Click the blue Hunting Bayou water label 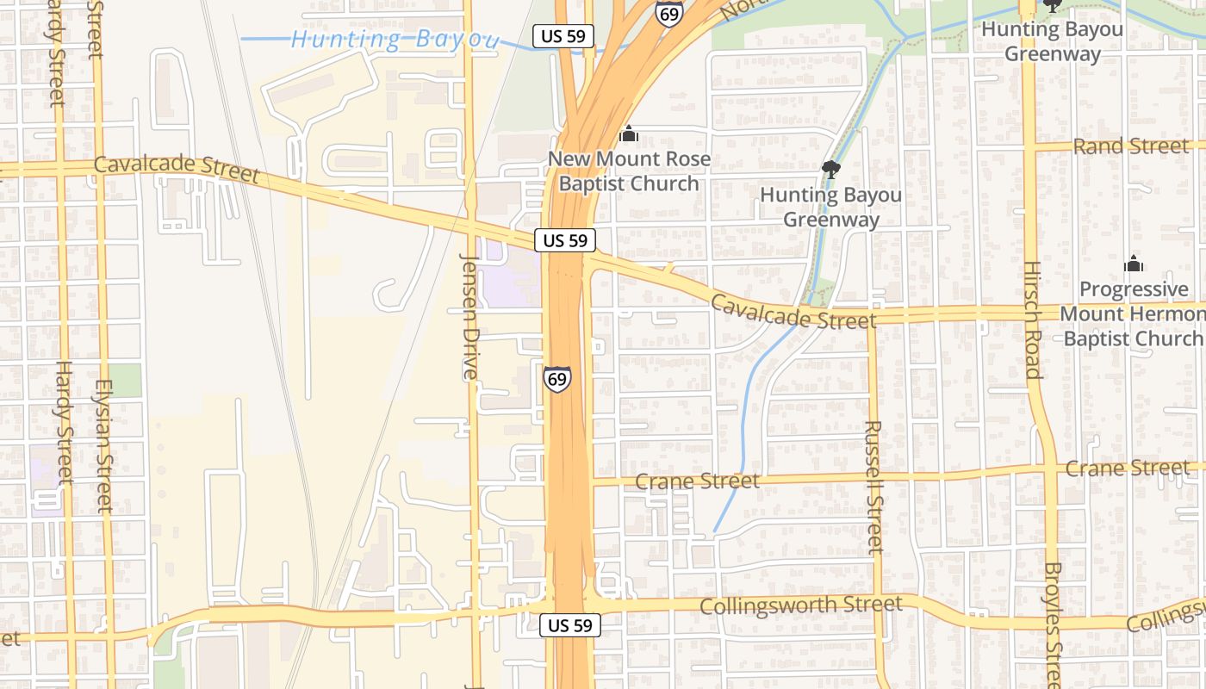click(x=395, y=39)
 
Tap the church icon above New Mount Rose click(x=629, y=134)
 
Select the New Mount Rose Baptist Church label click(x=630, y=171)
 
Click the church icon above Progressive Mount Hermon click(x=1134, y=264)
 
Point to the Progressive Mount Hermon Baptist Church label click(x=1133, y=313)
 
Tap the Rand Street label click(x=1130, y=146)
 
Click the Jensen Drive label click(x=469, y=316)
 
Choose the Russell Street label click(x=873, y=486)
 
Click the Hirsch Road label click(x=1032, y=320)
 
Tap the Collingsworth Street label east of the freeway click(x=801, y=605)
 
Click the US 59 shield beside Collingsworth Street click(x=570, y=626)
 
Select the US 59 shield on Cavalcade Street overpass click(x=565, y=240)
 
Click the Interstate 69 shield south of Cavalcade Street click(x=556, y=379)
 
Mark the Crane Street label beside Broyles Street click(x=1127, y=469)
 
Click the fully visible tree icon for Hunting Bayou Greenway click(x=831, y=169)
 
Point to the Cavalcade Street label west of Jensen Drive click(x=177, y=169)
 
